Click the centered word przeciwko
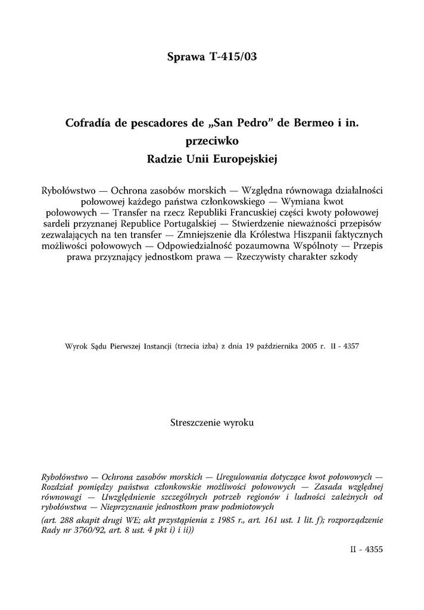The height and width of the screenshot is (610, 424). point(212,142)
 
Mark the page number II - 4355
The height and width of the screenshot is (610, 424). point(366,550)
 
